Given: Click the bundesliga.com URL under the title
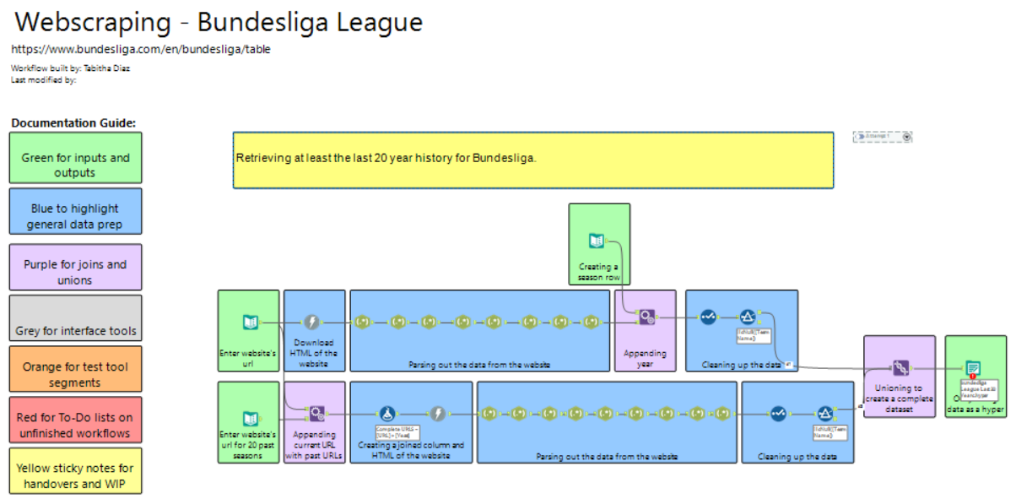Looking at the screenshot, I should [141, 49].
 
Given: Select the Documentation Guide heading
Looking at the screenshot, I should [73, 122].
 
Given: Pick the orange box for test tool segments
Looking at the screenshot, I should [76, 370].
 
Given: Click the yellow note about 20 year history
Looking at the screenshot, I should [532, 159].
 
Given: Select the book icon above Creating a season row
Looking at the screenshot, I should [597, 241].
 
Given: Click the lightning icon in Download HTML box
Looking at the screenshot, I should [312, 322].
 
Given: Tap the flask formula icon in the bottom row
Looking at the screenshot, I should [387, 414].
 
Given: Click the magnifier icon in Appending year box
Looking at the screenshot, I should [646, 317].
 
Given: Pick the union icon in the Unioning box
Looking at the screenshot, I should [900, 368].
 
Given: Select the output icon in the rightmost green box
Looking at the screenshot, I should [973, 368].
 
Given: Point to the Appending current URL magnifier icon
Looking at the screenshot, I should [316, 414].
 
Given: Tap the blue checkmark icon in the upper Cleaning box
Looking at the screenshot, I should [708, 317].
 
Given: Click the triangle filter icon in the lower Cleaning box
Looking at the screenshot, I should [825, 414].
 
